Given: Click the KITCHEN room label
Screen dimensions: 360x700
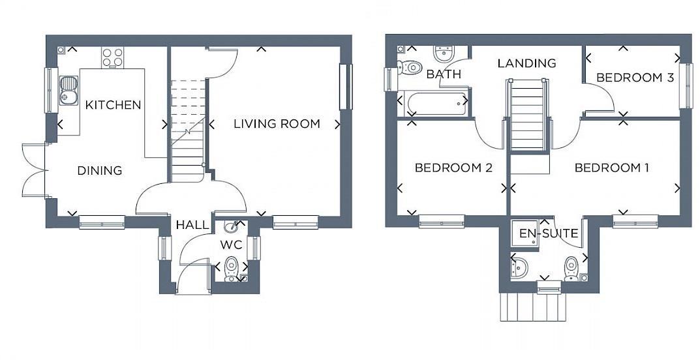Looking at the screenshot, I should tap(114, 104).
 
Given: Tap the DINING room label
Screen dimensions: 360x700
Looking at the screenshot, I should tap(100, 171).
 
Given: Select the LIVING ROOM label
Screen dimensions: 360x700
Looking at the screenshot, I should tap(277, 123).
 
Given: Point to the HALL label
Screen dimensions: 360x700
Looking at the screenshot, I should tap(192, 225).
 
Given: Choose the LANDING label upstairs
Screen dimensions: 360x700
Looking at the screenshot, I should tap(526, 63).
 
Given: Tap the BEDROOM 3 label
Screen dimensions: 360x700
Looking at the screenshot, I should tap(635, 78).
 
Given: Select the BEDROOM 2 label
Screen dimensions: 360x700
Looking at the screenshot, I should tap(453, 168).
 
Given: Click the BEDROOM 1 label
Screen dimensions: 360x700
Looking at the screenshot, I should tap(611, 168).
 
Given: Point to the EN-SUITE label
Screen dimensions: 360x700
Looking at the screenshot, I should tap(539, 233).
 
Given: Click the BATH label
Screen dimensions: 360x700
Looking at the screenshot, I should tap(444, 74).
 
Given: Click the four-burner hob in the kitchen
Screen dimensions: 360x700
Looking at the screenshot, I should tap(112, 57).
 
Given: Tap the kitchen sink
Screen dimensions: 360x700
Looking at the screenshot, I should tap(68, 90).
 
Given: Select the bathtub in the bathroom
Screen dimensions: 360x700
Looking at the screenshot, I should tap(433, 104).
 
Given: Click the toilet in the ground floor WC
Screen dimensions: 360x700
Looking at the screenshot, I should tap(231, 267).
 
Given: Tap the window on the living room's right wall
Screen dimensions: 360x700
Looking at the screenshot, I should tap(345, 87).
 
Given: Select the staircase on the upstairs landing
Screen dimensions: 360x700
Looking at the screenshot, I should tap(527, 114).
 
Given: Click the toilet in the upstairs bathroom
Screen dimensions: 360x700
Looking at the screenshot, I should tap(411, 67).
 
